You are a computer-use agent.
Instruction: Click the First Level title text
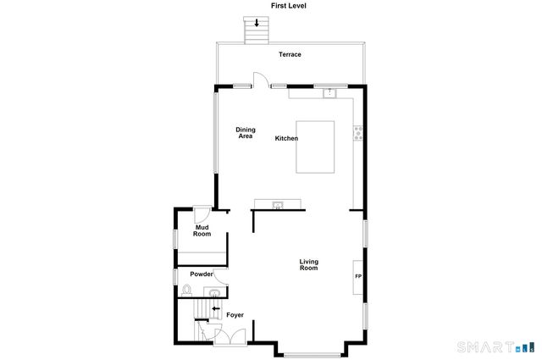pyautogui.click(x=288, y=6)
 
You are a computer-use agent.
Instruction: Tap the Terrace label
pyautogui.click(x=290, y=55)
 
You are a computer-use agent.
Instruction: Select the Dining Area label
pyautogui.click(x=246, y=133)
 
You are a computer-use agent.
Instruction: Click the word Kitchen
pyautogui.click(x=286, y=138)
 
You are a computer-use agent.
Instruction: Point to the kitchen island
pyautogui.click(x=315, y=147)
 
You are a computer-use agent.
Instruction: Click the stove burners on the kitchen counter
pyautogui.click(x=358, y=132)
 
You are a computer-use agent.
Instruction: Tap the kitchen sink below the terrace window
pyautogui.click(x=329, y=91)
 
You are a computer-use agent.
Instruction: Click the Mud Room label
pyautogui.click(x=202, y=230)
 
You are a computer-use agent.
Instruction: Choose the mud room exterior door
pyautogui.click(x=202, y=213)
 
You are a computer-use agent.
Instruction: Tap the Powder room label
pyautogui.click(x=201, y=274)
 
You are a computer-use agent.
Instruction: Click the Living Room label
pyautogui.click(x=308, y=264)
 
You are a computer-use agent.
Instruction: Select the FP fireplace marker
pyautogui.click(x=357, y=277)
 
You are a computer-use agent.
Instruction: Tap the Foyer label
pyautogui.click(x=235, y=315)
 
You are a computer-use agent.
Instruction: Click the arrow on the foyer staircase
pyautogui.click(x=215, y=309)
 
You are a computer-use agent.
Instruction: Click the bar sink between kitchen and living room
pyautogui.click(x=277, y=204)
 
